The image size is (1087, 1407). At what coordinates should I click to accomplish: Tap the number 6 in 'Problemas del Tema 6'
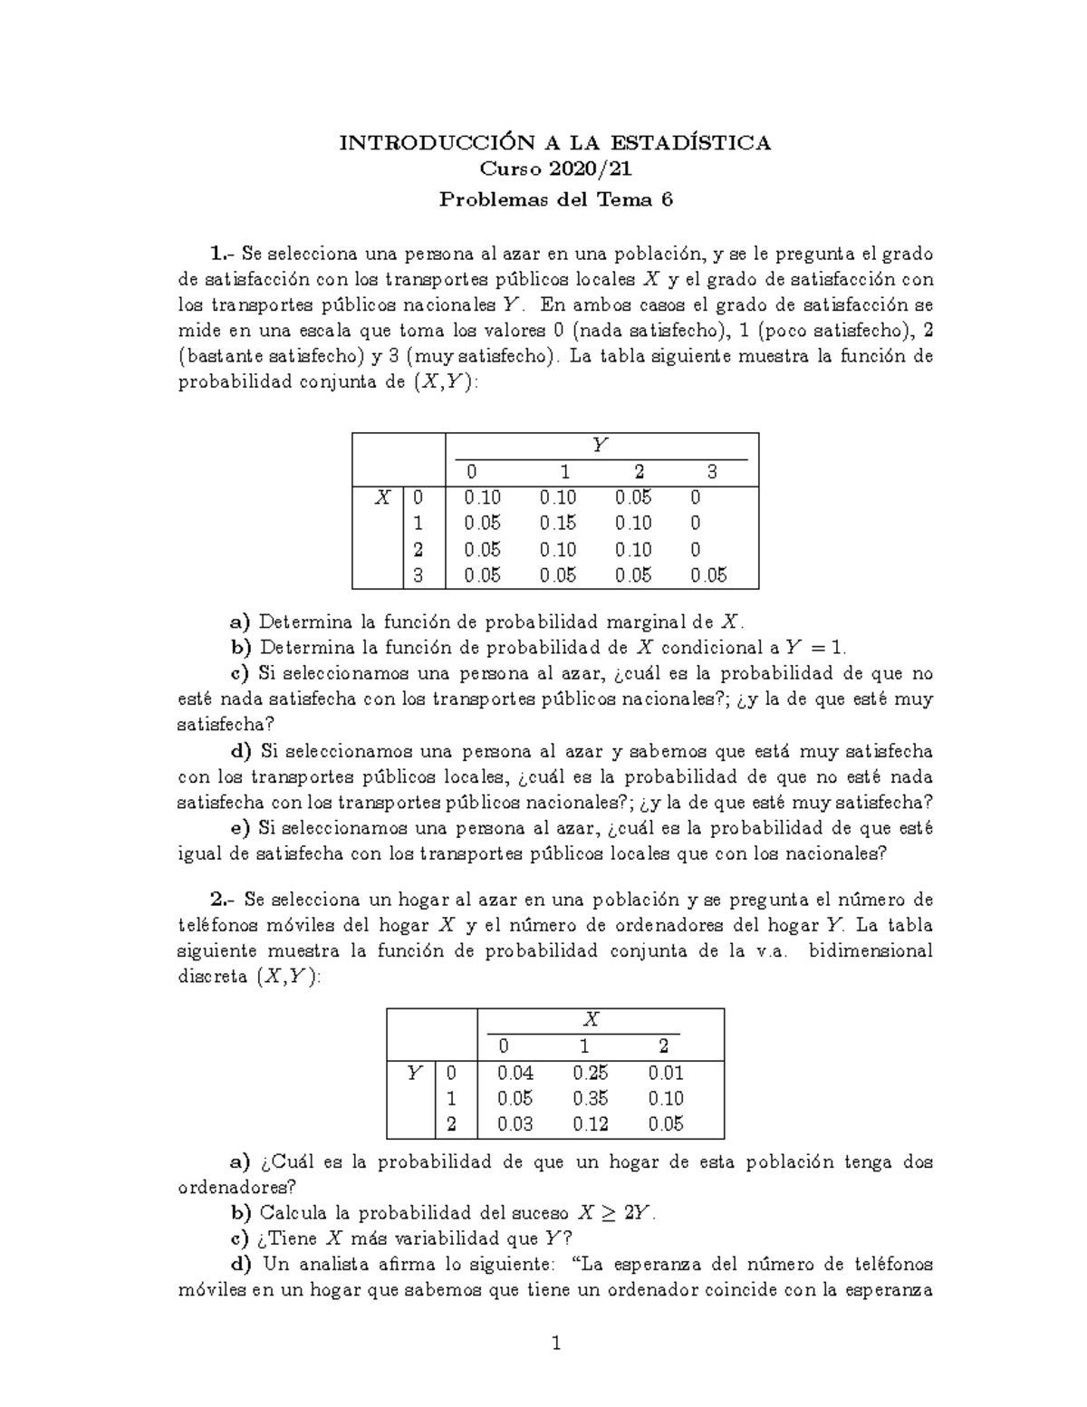(x=668, y=200)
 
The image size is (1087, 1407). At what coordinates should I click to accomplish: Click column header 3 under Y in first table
(x=712, y=472)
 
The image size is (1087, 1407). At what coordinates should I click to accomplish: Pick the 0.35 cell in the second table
(x=591, y=1099)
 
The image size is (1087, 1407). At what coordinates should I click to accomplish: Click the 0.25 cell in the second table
(x=591, y=1074)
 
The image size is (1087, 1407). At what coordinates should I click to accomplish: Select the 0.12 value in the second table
(x=591, y=1124)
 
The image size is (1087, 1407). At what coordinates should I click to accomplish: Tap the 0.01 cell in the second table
(x=666, y=1074)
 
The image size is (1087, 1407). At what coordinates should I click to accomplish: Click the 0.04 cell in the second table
(x=515, y=1074)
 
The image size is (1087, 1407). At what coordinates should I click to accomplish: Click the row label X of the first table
(x=384, y=497)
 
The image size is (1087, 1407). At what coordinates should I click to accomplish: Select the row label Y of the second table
(x=414, y=1074)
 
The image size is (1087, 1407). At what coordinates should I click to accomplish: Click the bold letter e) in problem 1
(x=240, y=828)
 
